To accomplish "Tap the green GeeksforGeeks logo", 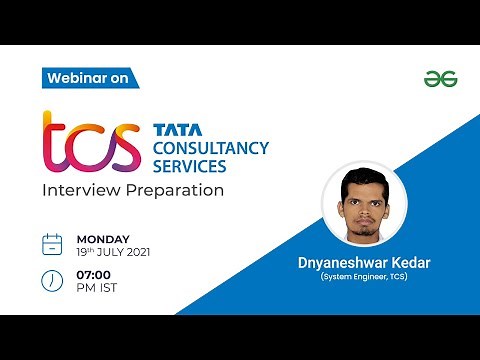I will tap(435, 78).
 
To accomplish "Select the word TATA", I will tap(177, 129).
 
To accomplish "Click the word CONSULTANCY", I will tap(210, 149).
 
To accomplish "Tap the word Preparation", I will tap(174, 189).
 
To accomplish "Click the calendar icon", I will tap(53, 243).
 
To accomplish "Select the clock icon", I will tap(53, 281).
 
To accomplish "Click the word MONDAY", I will tap(103, 238).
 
